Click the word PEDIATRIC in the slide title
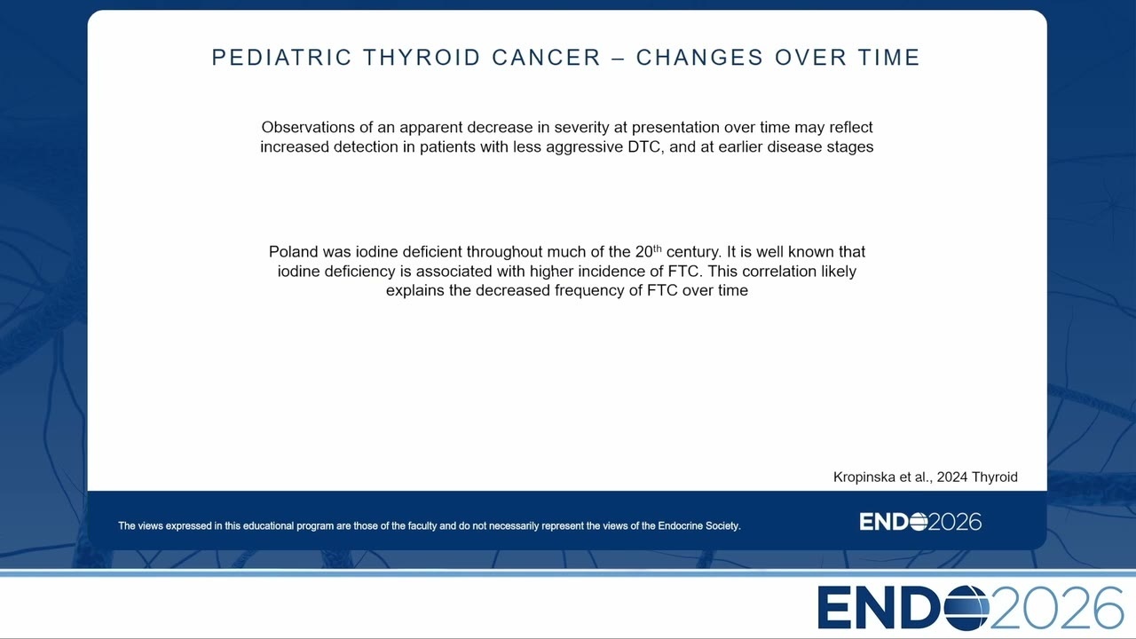point(281,58)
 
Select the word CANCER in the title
point(546,58)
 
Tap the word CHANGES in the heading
point(700,58)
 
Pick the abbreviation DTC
point(645,146)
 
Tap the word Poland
point(293,251)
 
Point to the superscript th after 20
point(658,248)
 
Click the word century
point(694,252)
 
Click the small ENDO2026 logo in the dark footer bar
point(920,522)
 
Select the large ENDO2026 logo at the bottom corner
point(970,607)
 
